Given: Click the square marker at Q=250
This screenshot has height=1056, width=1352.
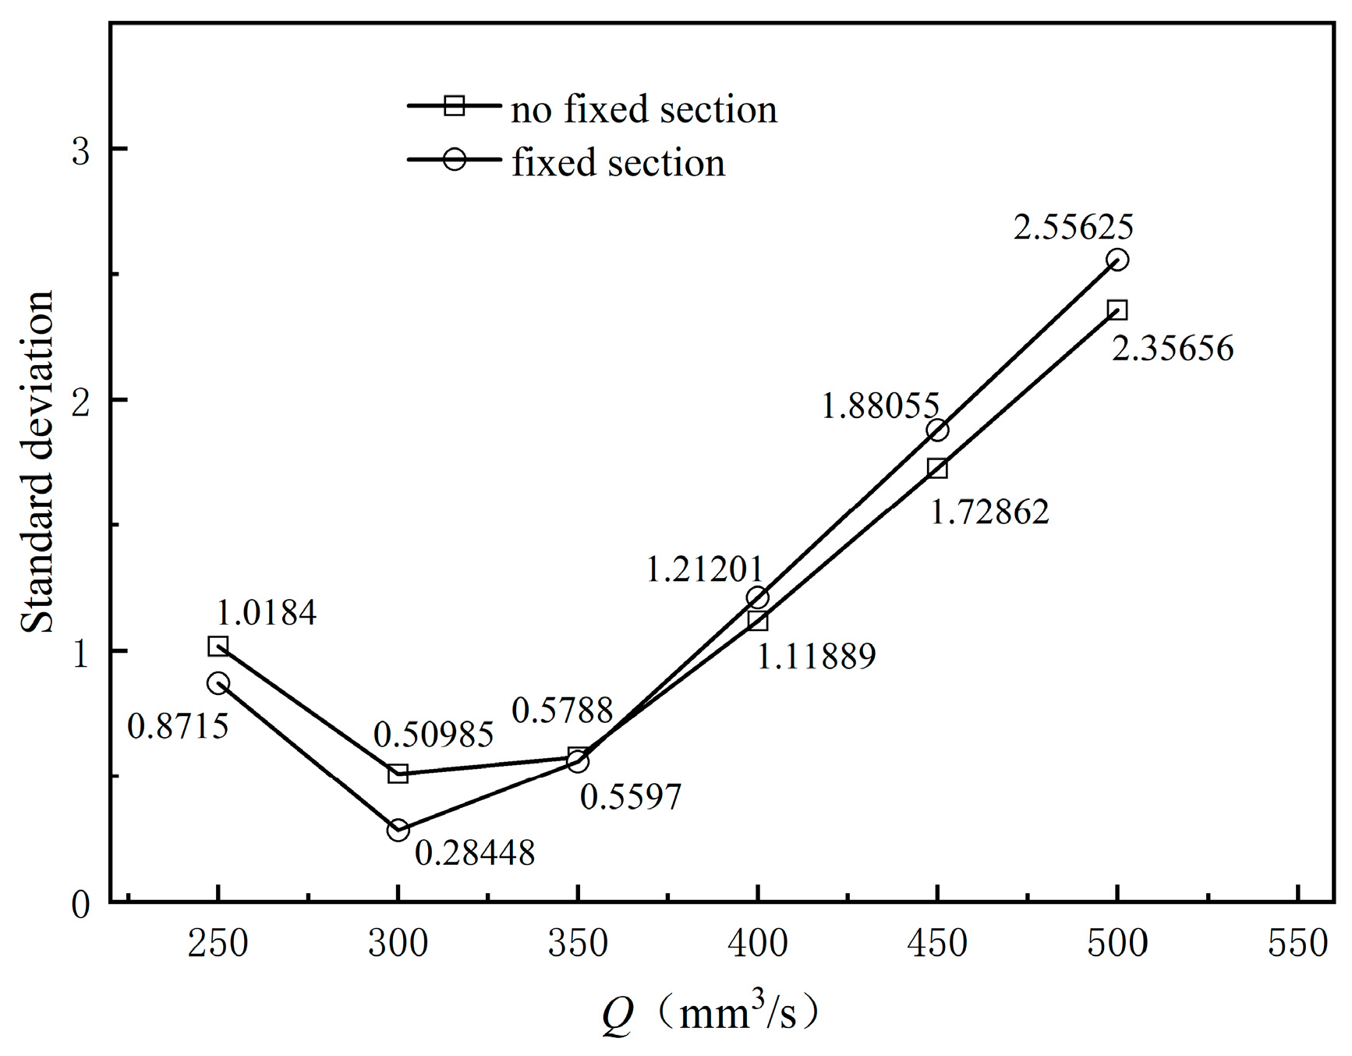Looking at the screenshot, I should point(218,646).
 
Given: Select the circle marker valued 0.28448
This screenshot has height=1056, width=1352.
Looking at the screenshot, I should point(398,830).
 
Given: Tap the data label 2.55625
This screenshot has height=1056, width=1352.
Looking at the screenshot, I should point(1073,227).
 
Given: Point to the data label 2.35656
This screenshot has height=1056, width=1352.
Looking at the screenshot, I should point(1172,349).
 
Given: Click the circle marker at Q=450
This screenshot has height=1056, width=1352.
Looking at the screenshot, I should point(938,430).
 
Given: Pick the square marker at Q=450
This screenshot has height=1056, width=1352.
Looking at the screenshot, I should point(938,468).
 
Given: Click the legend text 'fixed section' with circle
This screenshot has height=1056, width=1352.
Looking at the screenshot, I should point(618,163).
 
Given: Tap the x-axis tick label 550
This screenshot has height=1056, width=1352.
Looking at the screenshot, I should point(1297,944).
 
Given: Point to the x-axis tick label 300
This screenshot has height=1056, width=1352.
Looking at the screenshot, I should point(398,944).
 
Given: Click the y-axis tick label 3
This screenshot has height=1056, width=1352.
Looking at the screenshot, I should point(81,150).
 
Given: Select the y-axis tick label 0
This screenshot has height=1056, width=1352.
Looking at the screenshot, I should point(81,905).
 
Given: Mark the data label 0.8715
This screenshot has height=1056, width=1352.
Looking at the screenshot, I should point(178,727).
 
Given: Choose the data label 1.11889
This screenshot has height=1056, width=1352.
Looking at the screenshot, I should point(816,657).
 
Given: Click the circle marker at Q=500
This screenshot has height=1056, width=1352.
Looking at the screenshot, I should point(1117,260).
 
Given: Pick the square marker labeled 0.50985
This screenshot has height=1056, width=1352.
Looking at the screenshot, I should point(398,774).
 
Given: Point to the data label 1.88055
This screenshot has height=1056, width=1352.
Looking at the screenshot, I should point(880,406).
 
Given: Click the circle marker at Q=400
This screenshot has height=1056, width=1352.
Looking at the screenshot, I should point(758,597).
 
